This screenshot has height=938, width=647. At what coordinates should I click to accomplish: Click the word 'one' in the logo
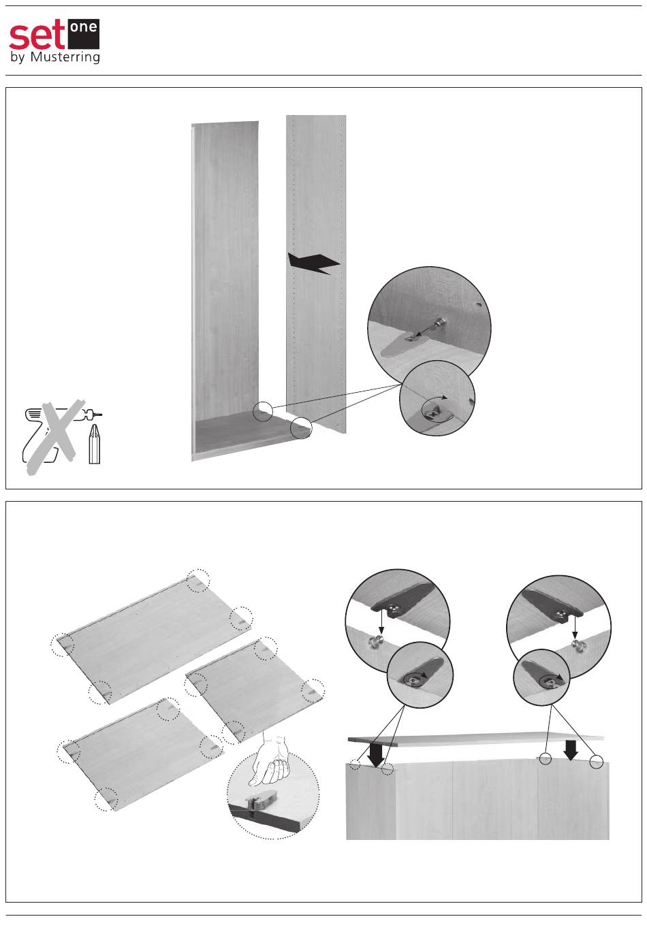pyautogui.click(x=84, y=29)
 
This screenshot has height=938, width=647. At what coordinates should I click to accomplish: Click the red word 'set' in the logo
pyautogui.click(x=37, y=35)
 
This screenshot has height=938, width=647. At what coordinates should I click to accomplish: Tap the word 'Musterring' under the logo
pyautogui.click(x=65, y=56)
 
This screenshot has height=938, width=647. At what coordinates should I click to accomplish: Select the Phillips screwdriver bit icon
pyautogui.click(x=94, y=444)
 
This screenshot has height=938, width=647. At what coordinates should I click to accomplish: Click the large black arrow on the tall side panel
pyautogui.click(x=313, y=263)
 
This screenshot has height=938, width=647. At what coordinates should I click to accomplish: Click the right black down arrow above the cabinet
pyautogui.click(x=571, y=749)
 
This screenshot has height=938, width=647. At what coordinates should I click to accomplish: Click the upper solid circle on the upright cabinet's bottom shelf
pyautogui.click(x=263, y=411)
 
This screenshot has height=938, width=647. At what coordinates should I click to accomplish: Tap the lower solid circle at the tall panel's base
pyautogui.click(x=301, y=428)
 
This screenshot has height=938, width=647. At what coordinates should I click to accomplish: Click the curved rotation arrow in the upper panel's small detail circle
pyautogui.click(x=436, y=400)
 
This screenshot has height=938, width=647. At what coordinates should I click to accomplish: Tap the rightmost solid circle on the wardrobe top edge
pyautogui.click(x=596, y=762)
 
